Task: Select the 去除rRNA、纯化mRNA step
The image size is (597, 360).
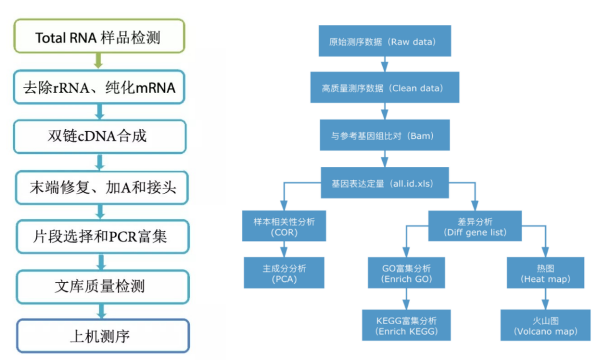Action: point(99,87)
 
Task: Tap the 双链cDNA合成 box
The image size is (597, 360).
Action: point(99,136)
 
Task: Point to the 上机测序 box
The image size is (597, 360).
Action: point(102,336)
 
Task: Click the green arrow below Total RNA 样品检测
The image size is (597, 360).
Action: point(98,60)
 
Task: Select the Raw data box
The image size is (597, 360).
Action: point(385,41)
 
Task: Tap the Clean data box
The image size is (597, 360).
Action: point(385,88)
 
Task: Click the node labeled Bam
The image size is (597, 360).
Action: point(385,135)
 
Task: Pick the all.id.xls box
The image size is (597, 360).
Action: point(385,183)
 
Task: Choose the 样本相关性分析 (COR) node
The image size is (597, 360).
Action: point(284,226)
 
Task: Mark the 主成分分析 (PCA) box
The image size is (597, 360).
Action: point(284,273)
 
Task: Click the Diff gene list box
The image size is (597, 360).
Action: point(475,226)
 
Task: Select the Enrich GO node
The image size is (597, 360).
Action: point(406,273)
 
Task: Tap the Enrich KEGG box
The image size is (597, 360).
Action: point(406,325)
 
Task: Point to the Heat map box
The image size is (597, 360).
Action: point(545,273)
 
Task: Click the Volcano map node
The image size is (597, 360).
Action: point(545,325)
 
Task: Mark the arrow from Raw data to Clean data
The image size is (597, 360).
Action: point(385,64)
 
